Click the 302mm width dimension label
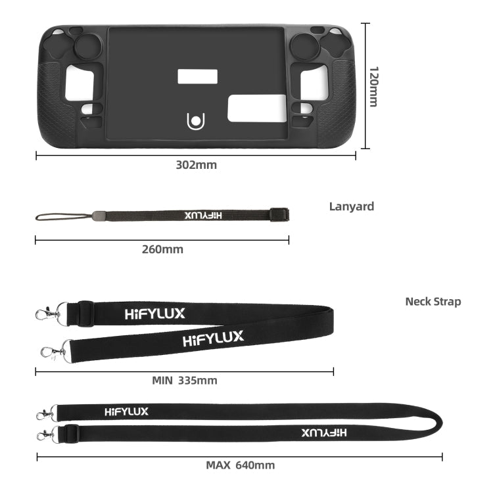point(196,165)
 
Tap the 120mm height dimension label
point(373,86)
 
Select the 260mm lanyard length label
point(162,249)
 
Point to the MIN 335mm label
point(184,380)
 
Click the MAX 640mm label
point(240,465)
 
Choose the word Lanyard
point(351,206)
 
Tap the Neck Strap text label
point(433,302)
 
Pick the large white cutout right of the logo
point(256,108)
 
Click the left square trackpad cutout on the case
point(80,83)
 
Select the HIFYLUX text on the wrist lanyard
point(203,215)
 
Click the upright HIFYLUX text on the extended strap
point(126,412)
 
